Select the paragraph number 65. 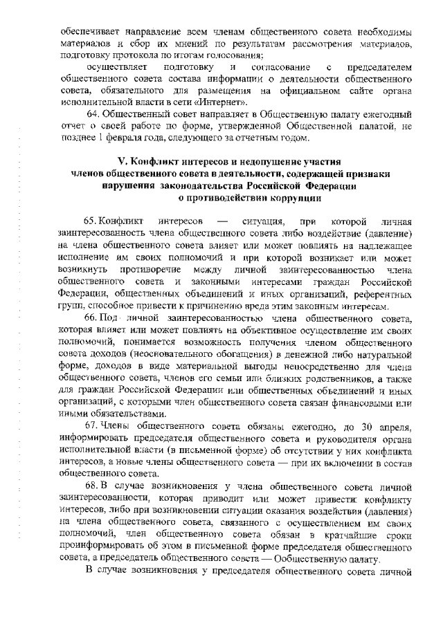93,221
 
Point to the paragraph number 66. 93,317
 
